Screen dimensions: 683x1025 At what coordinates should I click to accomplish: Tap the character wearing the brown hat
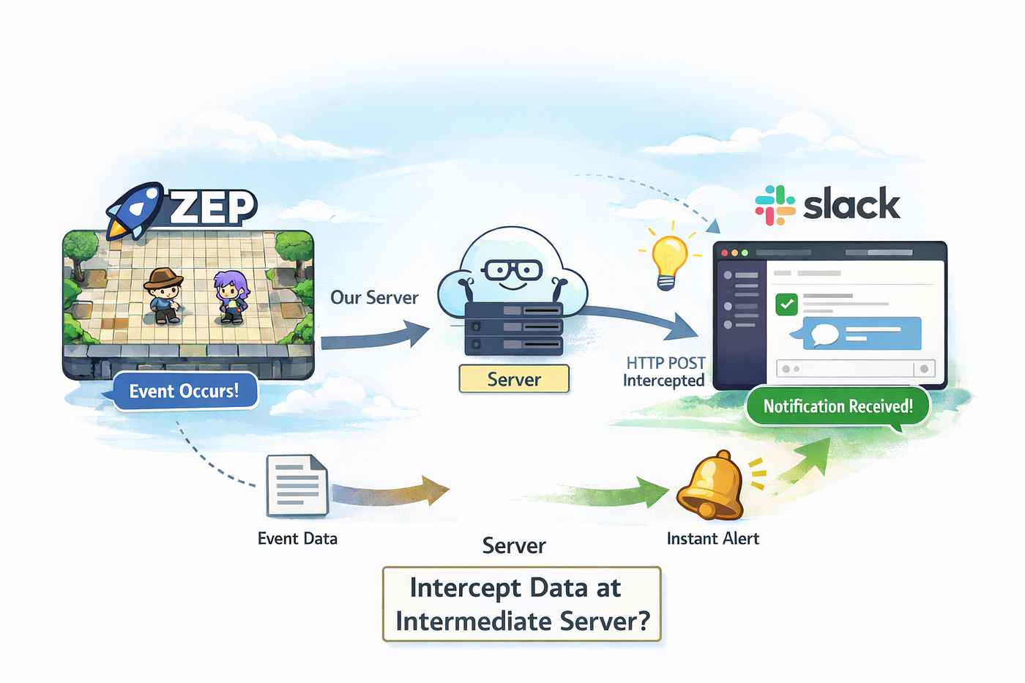point(163,294)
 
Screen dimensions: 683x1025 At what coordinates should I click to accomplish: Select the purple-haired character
point(231,296)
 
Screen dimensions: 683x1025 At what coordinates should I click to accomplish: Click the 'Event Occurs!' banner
point(184,391)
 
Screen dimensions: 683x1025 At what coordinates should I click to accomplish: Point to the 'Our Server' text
point(374,297)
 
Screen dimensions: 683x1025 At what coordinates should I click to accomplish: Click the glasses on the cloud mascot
point(512,270)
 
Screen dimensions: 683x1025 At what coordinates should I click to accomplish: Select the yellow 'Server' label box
point(514,379)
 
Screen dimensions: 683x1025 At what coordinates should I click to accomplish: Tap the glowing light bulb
point(668,258)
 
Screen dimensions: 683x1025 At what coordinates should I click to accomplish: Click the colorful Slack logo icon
point(775,205)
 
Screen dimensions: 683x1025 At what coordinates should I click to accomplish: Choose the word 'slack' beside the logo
point(851,204)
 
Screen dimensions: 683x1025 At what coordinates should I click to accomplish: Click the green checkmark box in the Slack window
point(786,304)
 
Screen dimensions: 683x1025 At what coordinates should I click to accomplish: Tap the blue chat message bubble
point(860,334)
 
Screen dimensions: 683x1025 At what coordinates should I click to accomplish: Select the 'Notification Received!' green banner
point(838,406)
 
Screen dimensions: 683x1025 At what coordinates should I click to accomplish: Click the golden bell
point(710,485)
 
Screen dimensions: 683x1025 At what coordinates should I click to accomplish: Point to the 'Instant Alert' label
point(712,539)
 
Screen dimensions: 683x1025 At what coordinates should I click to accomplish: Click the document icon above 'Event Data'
point(297,485)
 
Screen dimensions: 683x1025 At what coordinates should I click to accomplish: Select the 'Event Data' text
point(297,539)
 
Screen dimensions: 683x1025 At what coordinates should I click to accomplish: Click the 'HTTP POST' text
point(666,363)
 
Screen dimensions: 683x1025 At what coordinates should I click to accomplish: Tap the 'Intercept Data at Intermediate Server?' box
point(522,604)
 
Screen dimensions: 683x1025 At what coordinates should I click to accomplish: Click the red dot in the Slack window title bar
point(725,253)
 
